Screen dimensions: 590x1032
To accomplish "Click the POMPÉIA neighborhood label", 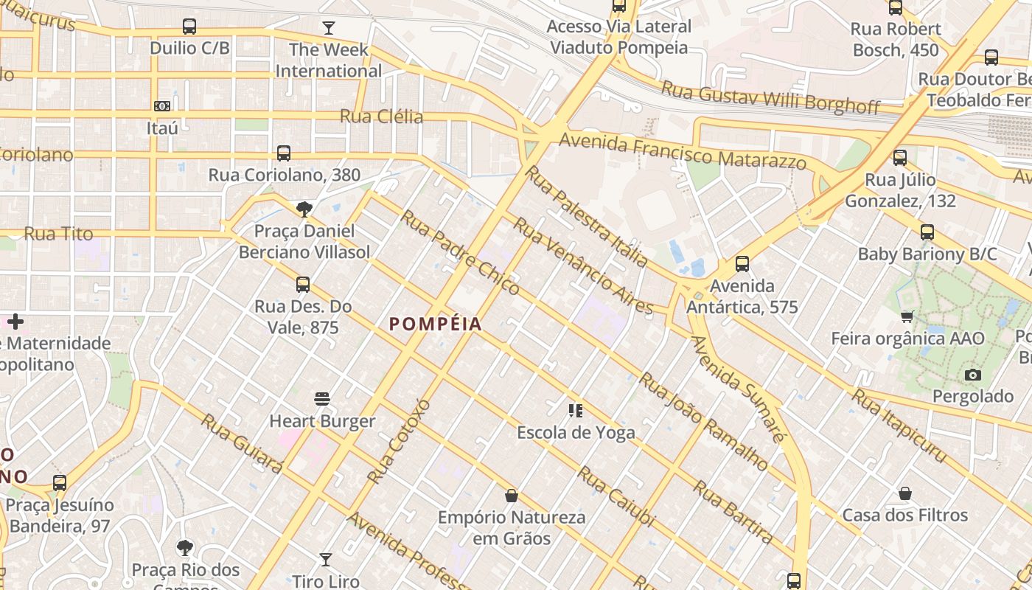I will coord(435,324).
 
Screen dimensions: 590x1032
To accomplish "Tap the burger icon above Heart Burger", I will coord(322,399).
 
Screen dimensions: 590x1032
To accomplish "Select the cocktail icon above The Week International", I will coord(329,28).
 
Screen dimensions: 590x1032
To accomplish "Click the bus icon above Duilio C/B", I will coord(189,27).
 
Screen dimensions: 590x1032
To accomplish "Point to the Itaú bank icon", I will coord(162,106).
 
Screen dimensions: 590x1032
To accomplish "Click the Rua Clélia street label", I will coord(381,117).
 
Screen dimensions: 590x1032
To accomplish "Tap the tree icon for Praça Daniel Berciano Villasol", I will coord(304,209).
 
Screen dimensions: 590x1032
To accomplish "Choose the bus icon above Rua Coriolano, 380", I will coord(284,153).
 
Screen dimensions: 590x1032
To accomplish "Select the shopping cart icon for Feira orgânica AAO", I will coord(907,317).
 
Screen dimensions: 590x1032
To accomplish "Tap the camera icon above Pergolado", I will coord(973,375).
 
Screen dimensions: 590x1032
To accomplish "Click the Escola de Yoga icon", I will coord(576,411).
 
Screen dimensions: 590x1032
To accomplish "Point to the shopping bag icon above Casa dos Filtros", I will coord(905,493).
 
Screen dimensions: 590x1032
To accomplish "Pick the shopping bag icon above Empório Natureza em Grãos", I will coord(511,496).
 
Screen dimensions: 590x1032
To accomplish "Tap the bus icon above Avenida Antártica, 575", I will coord(742,264).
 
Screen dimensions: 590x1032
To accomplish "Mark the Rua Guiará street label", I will coord(242,443).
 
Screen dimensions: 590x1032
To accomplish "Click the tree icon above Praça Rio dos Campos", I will coord(185,548).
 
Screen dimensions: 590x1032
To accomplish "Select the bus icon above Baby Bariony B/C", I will coord(927,232).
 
